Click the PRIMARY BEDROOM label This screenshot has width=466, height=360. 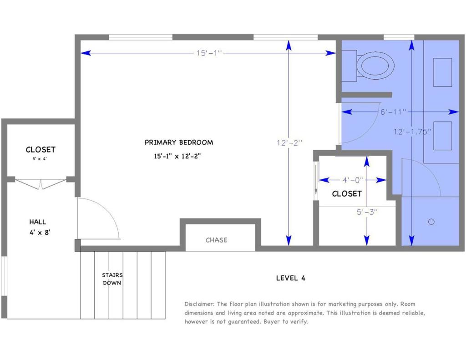pos(178,142)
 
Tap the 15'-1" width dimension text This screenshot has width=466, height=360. pos(209,53)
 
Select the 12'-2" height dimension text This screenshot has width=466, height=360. pos(289,142)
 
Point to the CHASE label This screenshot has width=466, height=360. pos(216,240)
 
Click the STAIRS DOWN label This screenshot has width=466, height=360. pos(112,279)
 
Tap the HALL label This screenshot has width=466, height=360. pos(38,222)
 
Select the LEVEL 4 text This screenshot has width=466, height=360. pos(290,278)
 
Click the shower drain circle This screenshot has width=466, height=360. pos(431,222)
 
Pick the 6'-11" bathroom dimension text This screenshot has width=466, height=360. pos(393,112)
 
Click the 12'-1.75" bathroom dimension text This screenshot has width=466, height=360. pos(412,131)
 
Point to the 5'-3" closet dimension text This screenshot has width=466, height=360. pos(367,211)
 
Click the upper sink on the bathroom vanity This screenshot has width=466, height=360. pos(442,72)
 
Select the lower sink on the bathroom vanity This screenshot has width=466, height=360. pos(442,136)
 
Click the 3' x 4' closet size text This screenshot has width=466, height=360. pos(41,159)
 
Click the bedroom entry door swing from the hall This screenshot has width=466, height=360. pos(98,218)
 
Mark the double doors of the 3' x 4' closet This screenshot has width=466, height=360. pos(41,183)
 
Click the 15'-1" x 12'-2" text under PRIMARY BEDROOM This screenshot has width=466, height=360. pos(177,156)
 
